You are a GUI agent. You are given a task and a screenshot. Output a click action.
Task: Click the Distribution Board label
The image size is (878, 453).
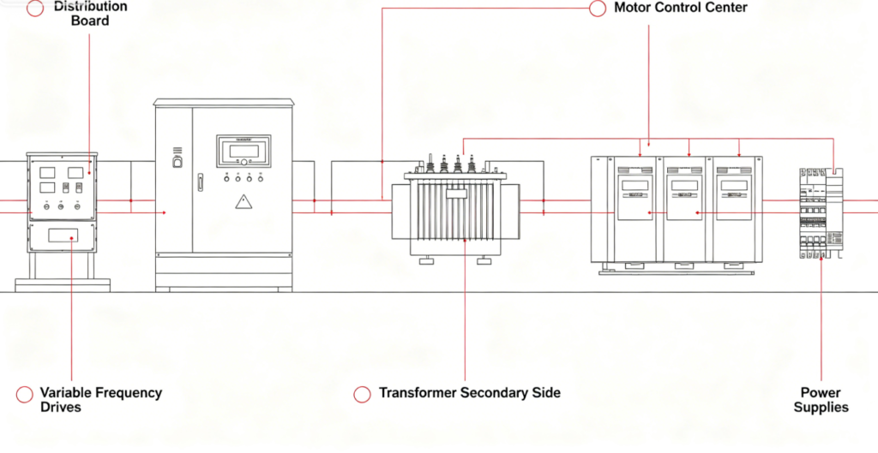[91, 14]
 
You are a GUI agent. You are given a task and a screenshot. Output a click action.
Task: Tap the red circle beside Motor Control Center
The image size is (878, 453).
[598, 9]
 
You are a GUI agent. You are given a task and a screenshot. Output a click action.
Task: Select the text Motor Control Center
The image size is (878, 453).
[680, 8]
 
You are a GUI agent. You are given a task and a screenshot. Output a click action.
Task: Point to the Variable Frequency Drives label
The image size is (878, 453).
[101, 399]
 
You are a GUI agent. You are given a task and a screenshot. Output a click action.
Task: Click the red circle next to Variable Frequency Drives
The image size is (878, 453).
[25, 394]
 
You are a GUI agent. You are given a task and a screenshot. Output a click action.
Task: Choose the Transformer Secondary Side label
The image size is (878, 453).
[469, 392]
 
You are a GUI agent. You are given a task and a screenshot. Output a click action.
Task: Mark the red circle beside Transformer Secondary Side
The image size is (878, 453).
[363, 394]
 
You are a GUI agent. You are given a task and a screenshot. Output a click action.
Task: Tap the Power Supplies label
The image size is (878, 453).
[821, 400]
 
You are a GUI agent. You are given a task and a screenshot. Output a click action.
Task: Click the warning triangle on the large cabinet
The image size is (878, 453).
[243, 201]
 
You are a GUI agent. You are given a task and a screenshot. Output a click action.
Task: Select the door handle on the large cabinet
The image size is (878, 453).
[200, 182]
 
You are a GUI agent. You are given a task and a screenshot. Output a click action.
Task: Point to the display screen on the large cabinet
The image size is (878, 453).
[244, 151]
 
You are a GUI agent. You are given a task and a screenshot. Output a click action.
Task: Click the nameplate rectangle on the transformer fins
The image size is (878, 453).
[456, 194]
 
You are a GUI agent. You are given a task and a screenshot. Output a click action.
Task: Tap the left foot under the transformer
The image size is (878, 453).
[427, 260]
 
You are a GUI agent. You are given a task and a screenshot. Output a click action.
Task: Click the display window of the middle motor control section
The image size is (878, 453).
[684, 185]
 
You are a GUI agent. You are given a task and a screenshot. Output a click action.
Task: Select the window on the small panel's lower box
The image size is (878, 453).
[63, 235]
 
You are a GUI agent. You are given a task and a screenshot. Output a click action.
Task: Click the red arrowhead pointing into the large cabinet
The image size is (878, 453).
[164, 212]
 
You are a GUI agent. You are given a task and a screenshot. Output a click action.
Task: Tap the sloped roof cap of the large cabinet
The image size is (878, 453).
[224, 103]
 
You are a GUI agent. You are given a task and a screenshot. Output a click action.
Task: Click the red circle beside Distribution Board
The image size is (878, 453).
[35, 9]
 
